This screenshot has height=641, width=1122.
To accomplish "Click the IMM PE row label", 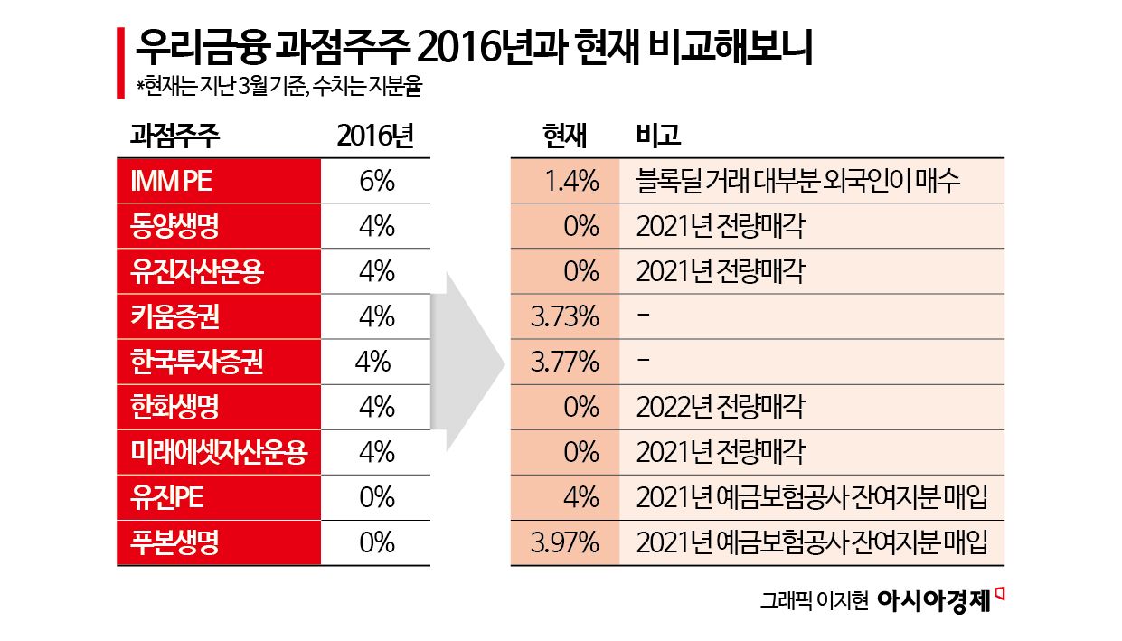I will pyautogui.click(x=171, y=181).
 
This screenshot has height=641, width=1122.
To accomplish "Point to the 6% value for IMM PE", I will pyautogui.click(x=376, y=181).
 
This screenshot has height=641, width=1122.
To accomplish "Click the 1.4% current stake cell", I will pyautogui.click(x=571, y=181).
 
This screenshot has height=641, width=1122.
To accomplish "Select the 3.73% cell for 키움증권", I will pyautogui.click(x=565, y=316).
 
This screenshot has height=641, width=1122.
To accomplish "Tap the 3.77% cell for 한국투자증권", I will pyautogui.click(x=565, y=362).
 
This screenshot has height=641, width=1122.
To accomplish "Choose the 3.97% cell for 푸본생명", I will pyautogui.click(x=565, y=542).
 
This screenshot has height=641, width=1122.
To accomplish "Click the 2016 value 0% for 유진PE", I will pyautogui.click(x=376, y=497).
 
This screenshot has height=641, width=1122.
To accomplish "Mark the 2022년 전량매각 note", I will pyautogui.click(x=720, y=407).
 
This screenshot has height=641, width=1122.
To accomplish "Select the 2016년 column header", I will pyautogui.click(x=375, y=137).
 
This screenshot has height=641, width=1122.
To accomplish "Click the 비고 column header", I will pyautogui.click(x=658, y=137).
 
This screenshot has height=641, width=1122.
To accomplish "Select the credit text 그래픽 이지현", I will pyautogui.click(x=814, y=601).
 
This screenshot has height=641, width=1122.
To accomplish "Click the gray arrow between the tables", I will pyautogui.click(x=470, y=362).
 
